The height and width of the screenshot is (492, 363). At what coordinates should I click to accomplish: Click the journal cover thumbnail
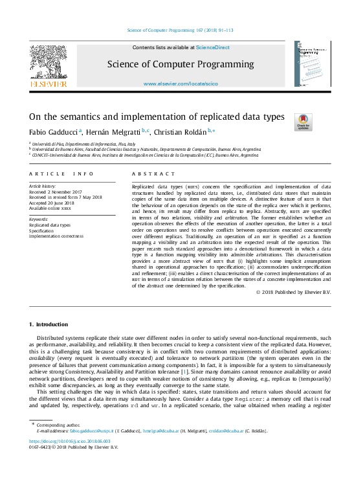tap(313, 65)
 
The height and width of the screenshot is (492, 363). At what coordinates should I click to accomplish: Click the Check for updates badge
tap(303, 122)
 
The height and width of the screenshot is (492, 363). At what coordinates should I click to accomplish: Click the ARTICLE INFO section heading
tap(56, 174)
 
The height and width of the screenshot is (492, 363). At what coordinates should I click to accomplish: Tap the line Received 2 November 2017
tap(56, 192)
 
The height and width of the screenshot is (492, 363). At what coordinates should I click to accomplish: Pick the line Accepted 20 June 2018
tap(52, 203)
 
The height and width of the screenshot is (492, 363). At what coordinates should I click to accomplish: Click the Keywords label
tap(39, 219)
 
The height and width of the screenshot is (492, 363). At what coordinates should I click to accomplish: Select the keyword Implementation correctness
tap(56, 236)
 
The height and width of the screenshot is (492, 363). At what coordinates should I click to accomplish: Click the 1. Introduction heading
tap(49, 324)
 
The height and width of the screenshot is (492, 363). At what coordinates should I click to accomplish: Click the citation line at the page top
tap(181, 30)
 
